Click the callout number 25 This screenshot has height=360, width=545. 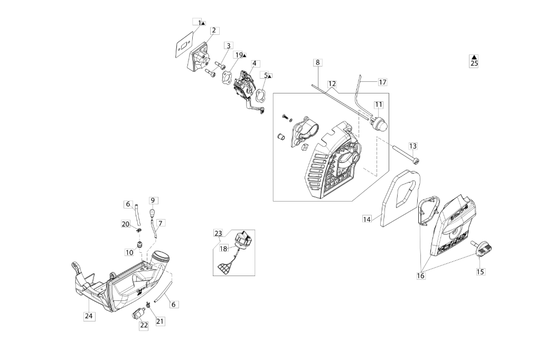pyautogui.click(x=474, y=63)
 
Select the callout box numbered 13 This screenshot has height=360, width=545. pyautogui.click(x=413, y=146)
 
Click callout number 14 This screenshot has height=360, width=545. pyautogui.click(x=368, y=219)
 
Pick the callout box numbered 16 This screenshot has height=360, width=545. pyautogui.click(x=420, y=276)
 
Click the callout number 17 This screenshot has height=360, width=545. pyautogui.click(x=382, y=82)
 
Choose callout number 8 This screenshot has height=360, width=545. pyautogui.click(x=317, y=62)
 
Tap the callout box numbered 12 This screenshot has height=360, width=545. pyautogui.click(x=332, y=84)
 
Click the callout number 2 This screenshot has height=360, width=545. pyautogui.click(x=214, y=31)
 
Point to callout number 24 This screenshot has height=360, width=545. pyautogui.click(x=89, y=316)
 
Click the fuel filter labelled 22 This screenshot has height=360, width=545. pyautogui.click(x=138, y=313)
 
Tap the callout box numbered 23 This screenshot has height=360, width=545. pyautogui.click(x=218, y=233)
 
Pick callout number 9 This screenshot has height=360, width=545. pyautogui.click(x=153, y=201)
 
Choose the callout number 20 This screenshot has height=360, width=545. pyautogui.click(x=125, y=224)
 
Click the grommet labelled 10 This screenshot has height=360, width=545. pyautogui.click(x=141, y=245)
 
